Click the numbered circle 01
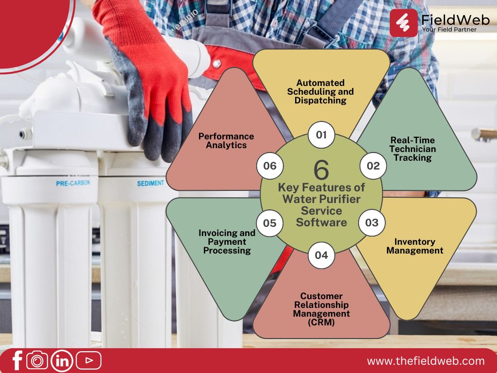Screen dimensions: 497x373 [x=321, y=135]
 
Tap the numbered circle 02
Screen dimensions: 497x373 [x=373, y=166]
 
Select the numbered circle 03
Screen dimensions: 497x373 [x=372, y=222]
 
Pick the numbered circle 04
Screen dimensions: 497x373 [x=321, y=255]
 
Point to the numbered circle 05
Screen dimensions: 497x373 [x=270, y=223]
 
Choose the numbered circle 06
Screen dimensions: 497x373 [x=270, y=166]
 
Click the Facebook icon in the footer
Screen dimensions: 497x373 [x=18, y=360]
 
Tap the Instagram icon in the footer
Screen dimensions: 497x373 [x=37, y=360]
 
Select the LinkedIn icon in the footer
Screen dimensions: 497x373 [x=62, y=361]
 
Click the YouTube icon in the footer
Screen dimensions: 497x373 [x=89, y=360]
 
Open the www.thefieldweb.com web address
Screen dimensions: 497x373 [x=426, y=361]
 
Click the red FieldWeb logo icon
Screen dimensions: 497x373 [x=403, y=23]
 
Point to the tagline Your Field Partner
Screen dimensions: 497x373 [x=449, y=30]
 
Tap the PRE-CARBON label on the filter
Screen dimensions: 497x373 [x=73, y=183]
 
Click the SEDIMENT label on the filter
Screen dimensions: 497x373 [x=150, y=183]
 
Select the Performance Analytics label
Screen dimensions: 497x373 [x=226, y=140]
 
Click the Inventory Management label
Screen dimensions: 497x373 [x=414, y=246]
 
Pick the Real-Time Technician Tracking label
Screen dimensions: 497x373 [x=413, y=149]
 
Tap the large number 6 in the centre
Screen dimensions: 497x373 [x=321, y=170]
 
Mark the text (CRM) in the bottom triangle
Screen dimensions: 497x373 [x=321, y=322]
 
